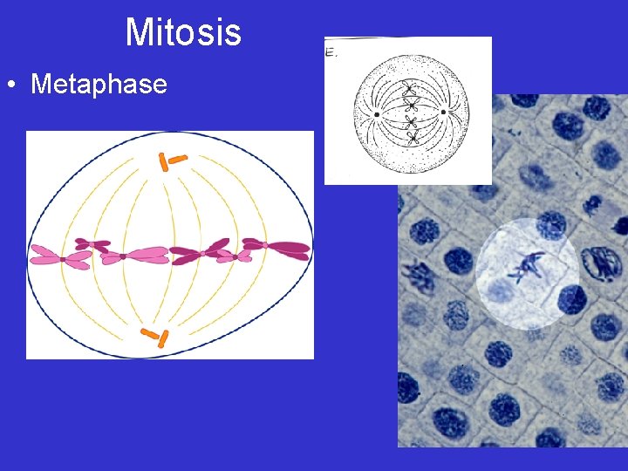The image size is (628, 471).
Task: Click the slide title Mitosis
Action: (183, 33)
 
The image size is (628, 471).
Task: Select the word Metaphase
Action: (99, 85)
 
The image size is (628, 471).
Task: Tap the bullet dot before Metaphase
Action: (11, 85)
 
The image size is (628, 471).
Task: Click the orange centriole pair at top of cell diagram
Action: (169, 160)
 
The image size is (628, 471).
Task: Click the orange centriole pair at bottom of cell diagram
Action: (155, 338)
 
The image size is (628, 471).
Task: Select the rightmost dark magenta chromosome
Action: (277, 249)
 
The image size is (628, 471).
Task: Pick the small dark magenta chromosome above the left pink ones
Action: (92, 245)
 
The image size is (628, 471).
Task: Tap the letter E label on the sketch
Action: (330, 52)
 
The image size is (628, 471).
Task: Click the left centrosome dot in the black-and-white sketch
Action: (377, 113)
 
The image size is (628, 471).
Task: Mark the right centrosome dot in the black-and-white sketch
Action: (444, 112)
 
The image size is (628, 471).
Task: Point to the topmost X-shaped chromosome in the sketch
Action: (411, 88)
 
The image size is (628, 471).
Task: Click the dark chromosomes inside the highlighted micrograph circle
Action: (526, 265)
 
